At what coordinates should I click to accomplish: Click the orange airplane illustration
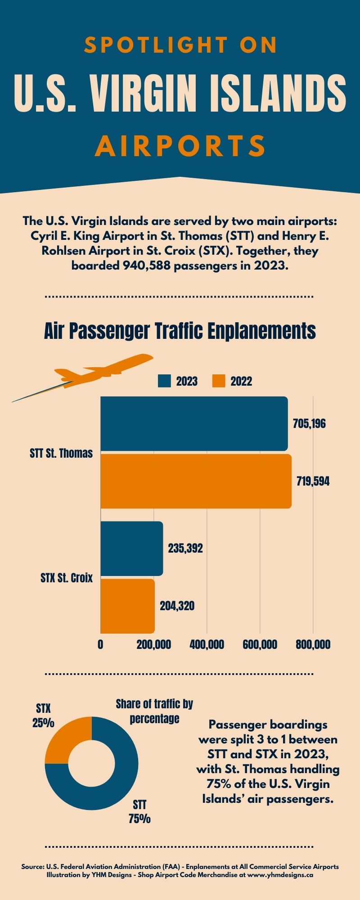[x=103, y=371]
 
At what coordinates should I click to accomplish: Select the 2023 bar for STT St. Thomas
[x=193, y=423]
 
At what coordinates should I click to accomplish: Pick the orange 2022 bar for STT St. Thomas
[x=196, y=481]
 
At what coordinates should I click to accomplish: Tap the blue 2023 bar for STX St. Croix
[x=131, y=548]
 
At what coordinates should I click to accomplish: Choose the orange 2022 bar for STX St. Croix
[x=127, y=606]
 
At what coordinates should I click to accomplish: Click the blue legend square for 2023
[x=165, y=381]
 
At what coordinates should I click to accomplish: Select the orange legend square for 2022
[x=219, y=381]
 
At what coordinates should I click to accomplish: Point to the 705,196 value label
[x=309, y=424]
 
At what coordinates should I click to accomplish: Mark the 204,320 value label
[x=177, y=606]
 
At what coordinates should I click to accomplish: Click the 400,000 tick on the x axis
[x=207, y=644]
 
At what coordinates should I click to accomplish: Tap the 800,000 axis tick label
[x=313, y=644]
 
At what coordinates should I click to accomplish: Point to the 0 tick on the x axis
[x=100, y=644]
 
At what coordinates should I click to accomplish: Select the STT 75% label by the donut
[x=139, y=811]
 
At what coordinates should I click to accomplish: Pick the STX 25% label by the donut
[x=43, y=715]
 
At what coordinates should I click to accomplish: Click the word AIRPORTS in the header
[x=180, y=146]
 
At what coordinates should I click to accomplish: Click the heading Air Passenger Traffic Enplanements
[x=180, y=331]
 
